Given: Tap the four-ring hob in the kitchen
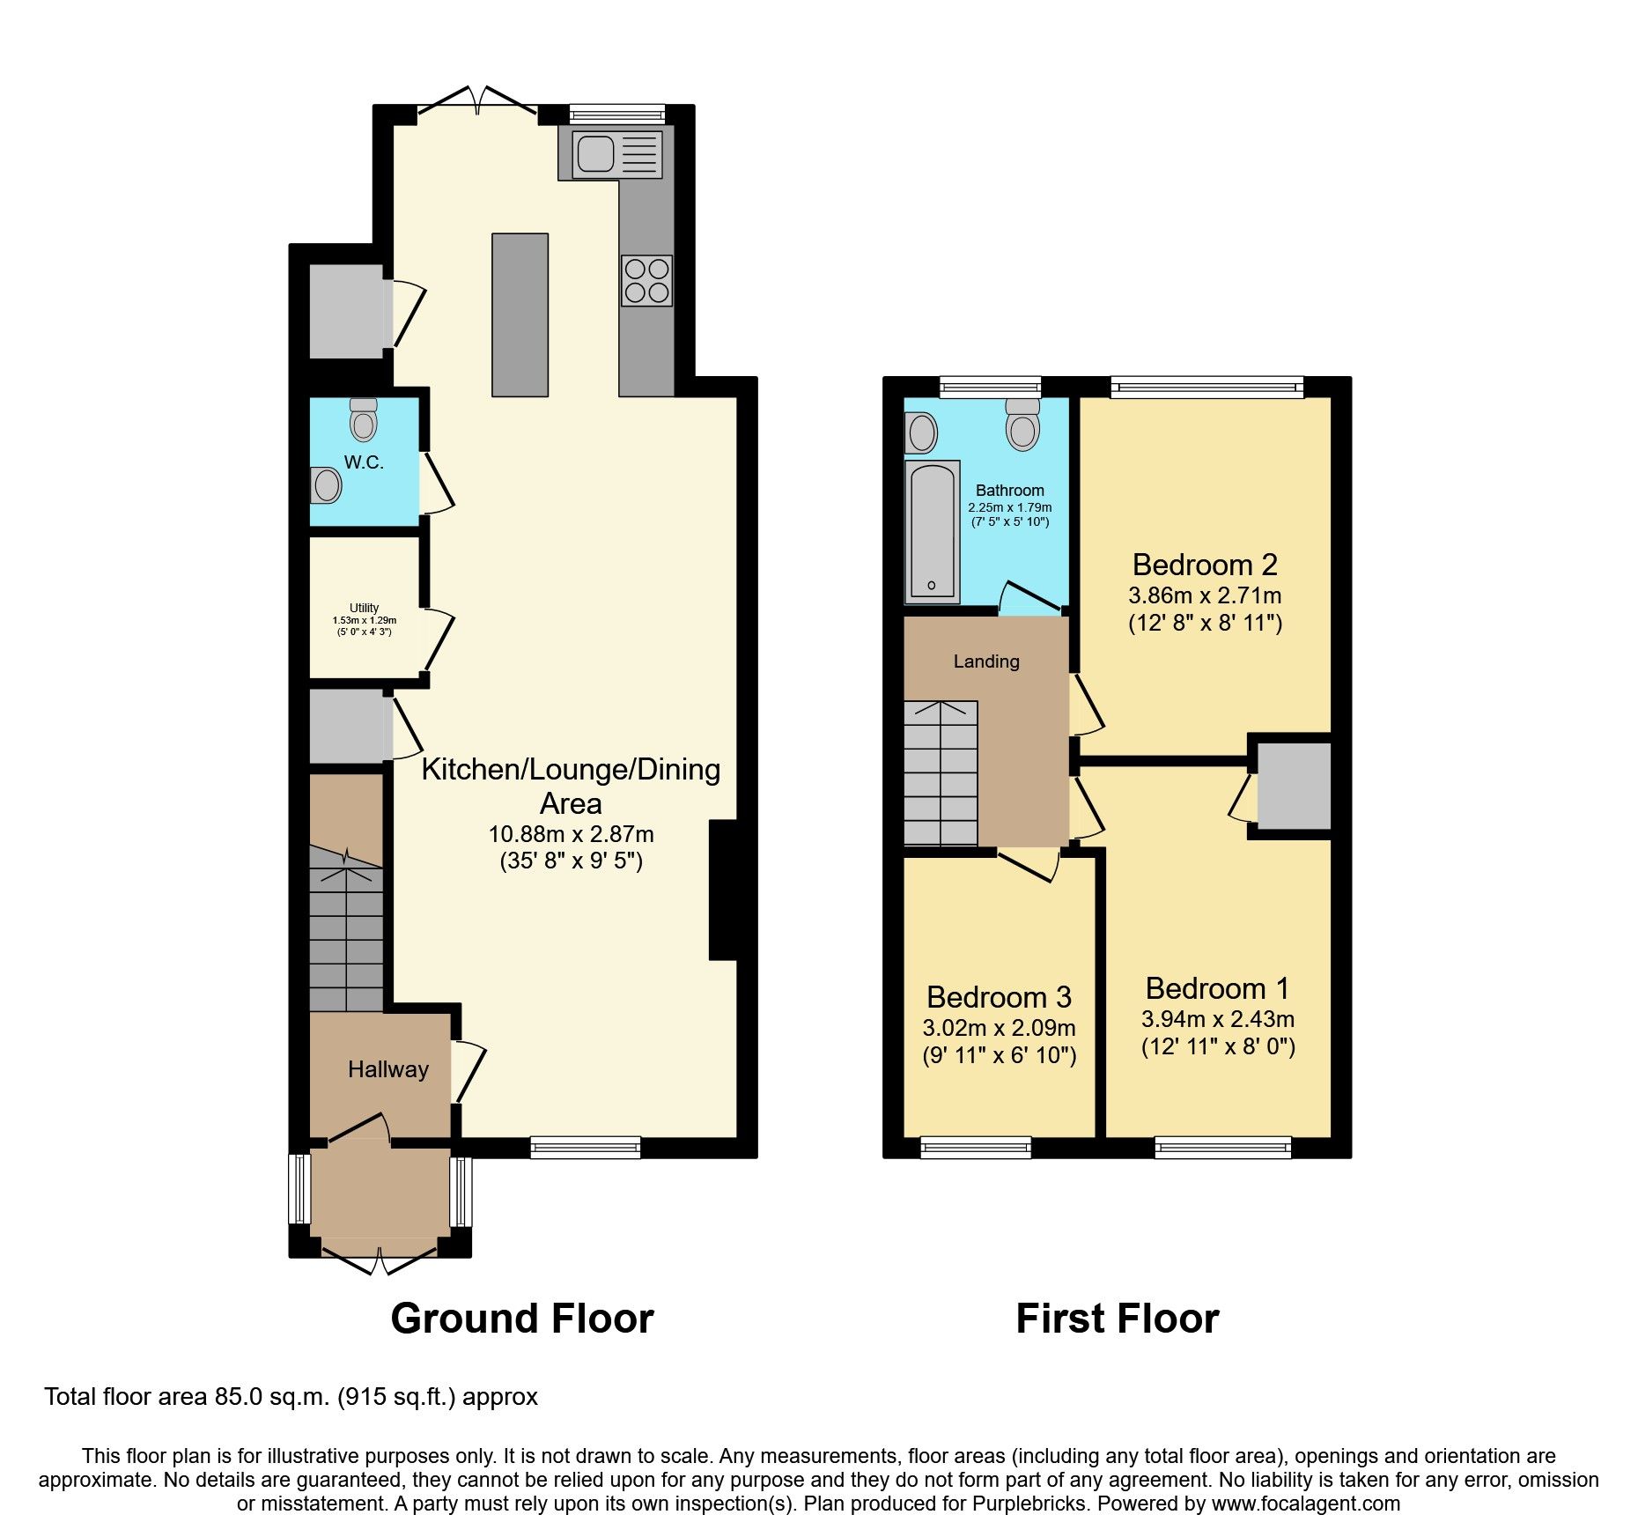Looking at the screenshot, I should tap(646, 280).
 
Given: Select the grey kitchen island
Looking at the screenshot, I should tap(520, 314).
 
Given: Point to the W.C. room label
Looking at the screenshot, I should tap(364, 462).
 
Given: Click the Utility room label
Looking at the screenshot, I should tap(364, 608).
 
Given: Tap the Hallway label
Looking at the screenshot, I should tap(387, 1069).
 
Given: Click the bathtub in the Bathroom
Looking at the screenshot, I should tap(932, 531).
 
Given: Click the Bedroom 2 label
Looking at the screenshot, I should tap(1204, 565).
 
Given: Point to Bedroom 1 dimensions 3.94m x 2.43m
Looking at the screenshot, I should tap(1217, 1019).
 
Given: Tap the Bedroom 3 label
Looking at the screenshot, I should tap(999, 997).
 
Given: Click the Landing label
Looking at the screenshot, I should tap(986, 661).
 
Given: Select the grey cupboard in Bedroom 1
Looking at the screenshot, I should tap(1293, 786).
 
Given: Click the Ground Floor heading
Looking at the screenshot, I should tap(521, 1319).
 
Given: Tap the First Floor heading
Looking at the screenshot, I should tap(1117, 1319).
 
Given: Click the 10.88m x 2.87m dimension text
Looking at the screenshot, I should tap(571, 834).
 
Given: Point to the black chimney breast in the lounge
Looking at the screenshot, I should tap(722, 890).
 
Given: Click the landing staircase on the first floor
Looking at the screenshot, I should tap(941, 773).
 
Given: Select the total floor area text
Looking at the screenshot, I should tap(291, 1397).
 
